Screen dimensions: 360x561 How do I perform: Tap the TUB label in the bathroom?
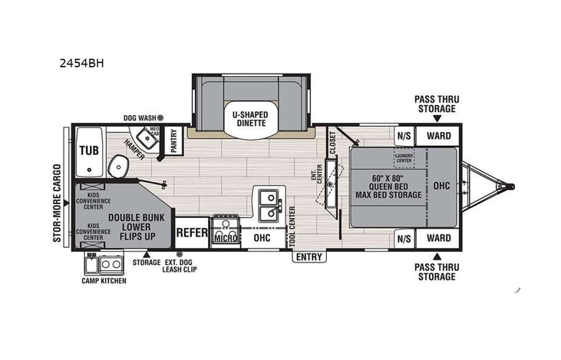coord(88,150)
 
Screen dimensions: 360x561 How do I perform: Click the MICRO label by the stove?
coord(224,239)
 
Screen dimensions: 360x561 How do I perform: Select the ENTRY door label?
coord(309,257)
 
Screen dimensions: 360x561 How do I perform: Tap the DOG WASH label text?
coord(140,118)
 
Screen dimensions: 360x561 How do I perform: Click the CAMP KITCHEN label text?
coord(104,281)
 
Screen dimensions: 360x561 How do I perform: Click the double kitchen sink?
coord(269,201)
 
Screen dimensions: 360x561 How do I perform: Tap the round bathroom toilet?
coord(117,165)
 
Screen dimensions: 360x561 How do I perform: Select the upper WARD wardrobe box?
coord(438,135)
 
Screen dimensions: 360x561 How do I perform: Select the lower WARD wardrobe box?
coord(438,238)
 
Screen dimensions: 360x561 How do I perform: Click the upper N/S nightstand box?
coord(403,135)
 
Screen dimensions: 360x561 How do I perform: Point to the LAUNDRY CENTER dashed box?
coord(404,158)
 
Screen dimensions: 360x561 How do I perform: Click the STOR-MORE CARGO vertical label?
coord(58,203)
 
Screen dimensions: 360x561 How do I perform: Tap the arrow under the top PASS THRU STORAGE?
coord(436,118)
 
